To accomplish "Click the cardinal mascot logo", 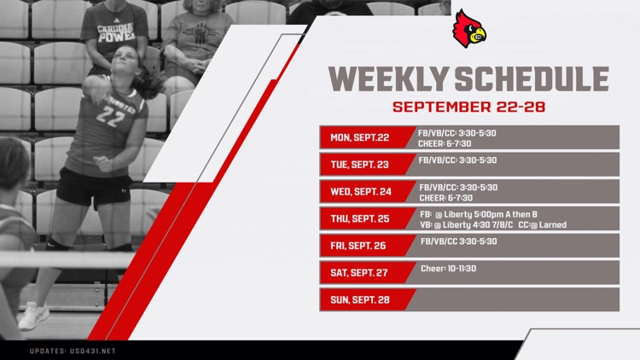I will point(468,28).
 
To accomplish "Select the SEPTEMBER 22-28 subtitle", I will point(468,108).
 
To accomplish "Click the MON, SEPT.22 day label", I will point(359,137).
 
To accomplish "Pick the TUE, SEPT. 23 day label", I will point(359,165).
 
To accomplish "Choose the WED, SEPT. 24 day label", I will point(361,192).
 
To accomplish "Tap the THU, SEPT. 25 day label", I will point(360,219).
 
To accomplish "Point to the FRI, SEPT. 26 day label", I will point(358,246).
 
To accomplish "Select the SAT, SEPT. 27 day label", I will point(359,273).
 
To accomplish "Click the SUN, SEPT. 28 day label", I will point(359,299).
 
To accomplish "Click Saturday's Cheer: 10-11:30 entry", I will point(448,268).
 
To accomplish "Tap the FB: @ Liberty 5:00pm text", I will point(466,214).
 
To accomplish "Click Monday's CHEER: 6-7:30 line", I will point(445,143).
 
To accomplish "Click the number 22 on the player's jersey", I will point(110,116).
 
